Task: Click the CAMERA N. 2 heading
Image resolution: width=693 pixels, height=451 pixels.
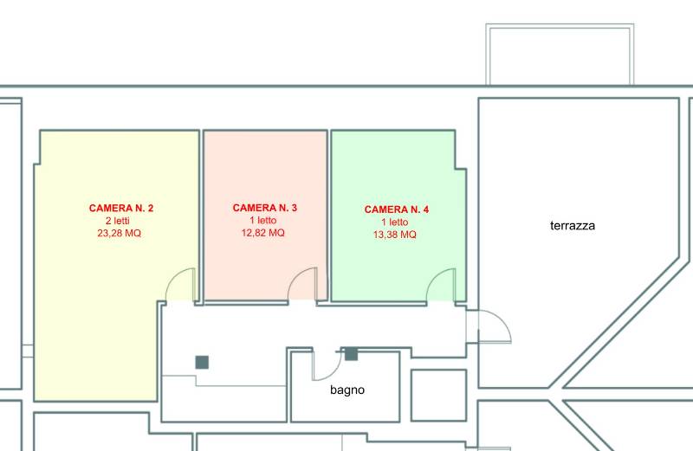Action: click(121, 208)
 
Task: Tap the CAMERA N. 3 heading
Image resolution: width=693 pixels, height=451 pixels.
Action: click(265, 208)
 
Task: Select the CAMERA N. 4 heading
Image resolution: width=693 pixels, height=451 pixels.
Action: click(397, 209)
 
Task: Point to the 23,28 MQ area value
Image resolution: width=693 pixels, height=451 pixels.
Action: click(120, 233)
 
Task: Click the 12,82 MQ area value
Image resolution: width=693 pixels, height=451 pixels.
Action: click(263, 232)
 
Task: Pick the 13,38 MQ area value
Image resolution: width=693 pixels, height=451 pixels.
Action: click(395, 234)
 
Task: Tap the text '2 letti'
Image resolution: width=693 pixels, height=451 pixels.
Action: click(118, 221)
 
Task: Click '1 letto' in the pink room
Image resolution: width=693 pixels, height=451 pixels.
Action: click(263, 220)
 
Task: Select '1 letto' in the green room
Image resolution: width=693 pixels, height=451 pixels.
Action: click(395, 222)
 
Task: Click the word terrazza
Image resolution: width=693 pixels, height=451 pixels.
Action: click(573, 226)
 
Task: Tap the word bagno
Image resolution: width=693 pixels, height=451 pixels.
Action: click(347, 390)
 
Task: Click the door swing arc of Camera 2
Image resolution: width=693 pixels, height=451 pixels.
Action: click(174, 277)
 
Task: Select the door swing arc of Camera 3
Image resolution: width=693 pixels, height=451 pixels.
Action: click(296, 276)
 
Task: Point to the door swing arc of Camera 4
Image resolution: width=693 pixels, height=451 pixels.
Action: click(435, 278)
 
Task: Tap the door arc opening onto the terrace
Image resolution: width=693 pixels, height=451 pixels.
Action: click(502, 319)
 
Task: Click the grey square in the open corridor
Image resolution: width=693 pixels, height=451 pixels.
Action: click(202, 362)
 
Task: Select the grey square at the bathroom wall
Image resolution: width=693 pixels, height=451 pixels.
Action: click(351, 354)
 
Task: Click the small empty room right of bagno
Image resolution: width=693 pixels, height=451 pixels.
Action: click(439, 396)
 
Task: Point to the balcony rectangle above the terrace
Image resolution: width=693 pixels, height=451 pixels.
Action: click(560, 26)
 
